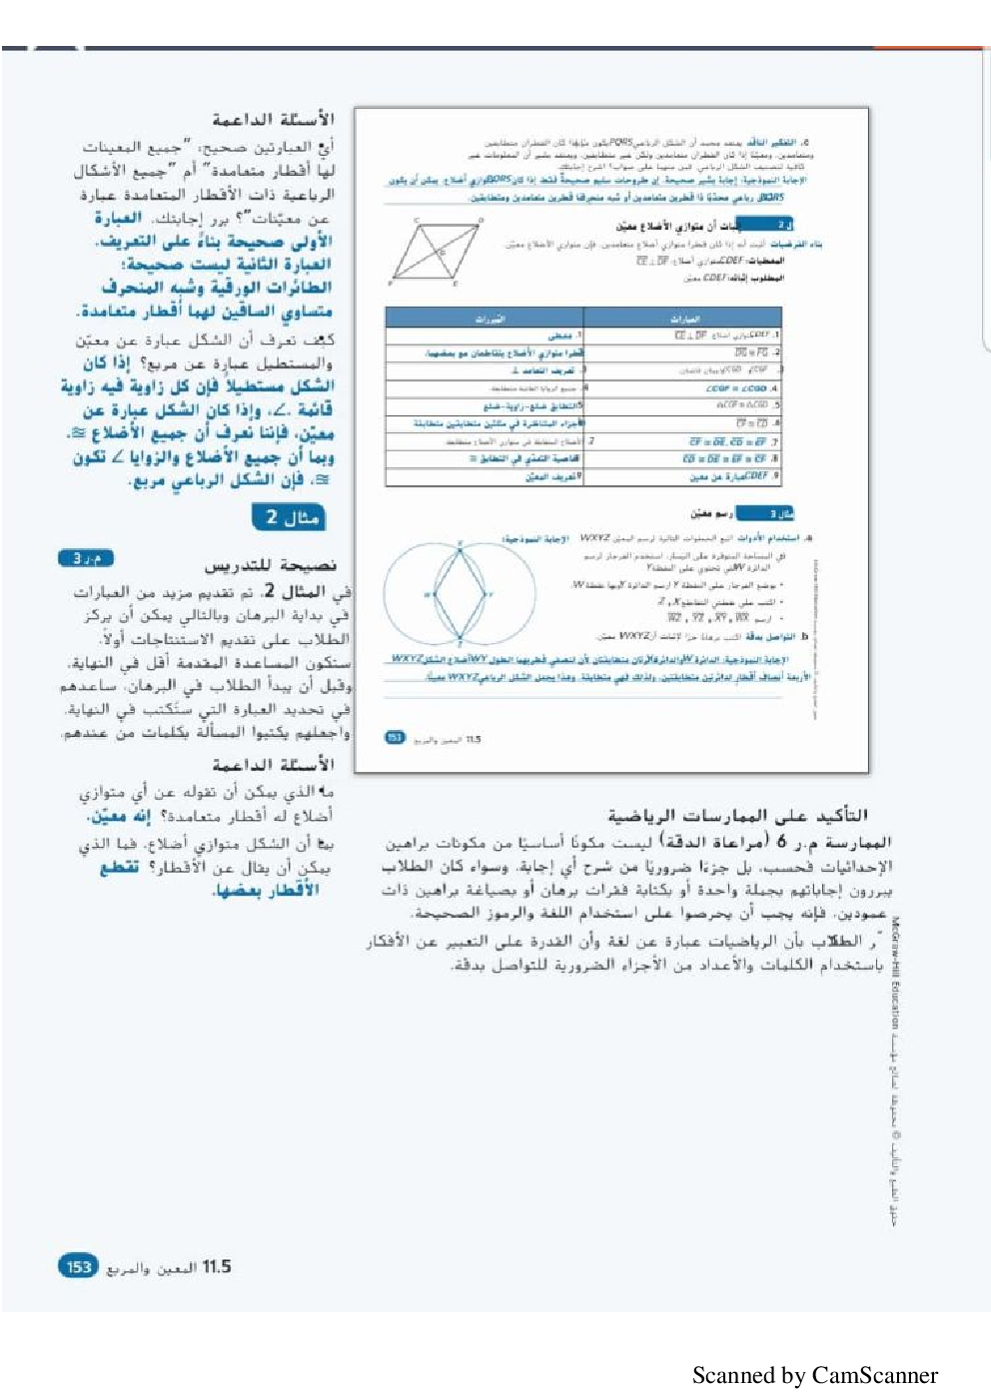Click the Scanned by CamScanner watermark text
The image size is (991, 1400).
coord(814,1375)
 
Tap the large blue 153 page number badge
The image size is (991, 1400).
coord(78,1266)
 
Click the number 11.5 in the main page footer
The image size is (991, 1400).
coord(217,1266)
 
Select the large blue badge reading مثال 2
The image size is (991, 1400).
coord(289,517)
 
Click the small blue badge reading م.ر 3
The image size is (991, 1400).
coord(86,558)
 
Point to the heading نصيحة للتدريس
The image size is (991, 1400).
coord(271,566)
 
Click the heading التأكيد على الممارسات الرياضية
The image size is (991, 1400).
coord(737,815)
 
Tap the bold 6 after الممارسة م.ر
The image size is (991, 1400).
coord(781,842)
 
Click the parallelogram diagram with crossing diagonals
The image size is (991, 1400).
coord(437,252)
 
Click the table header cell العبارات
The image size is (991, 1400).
coord(684,319)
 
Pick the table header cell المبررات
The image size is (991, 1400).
coord(490,319)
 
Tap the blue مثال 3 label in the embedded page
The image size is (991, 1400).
coord(767,513)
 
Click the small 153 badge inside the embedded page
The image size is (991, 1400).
coord(395,738)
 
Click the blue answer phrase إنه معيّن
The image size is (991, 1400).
coord(119,817)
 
